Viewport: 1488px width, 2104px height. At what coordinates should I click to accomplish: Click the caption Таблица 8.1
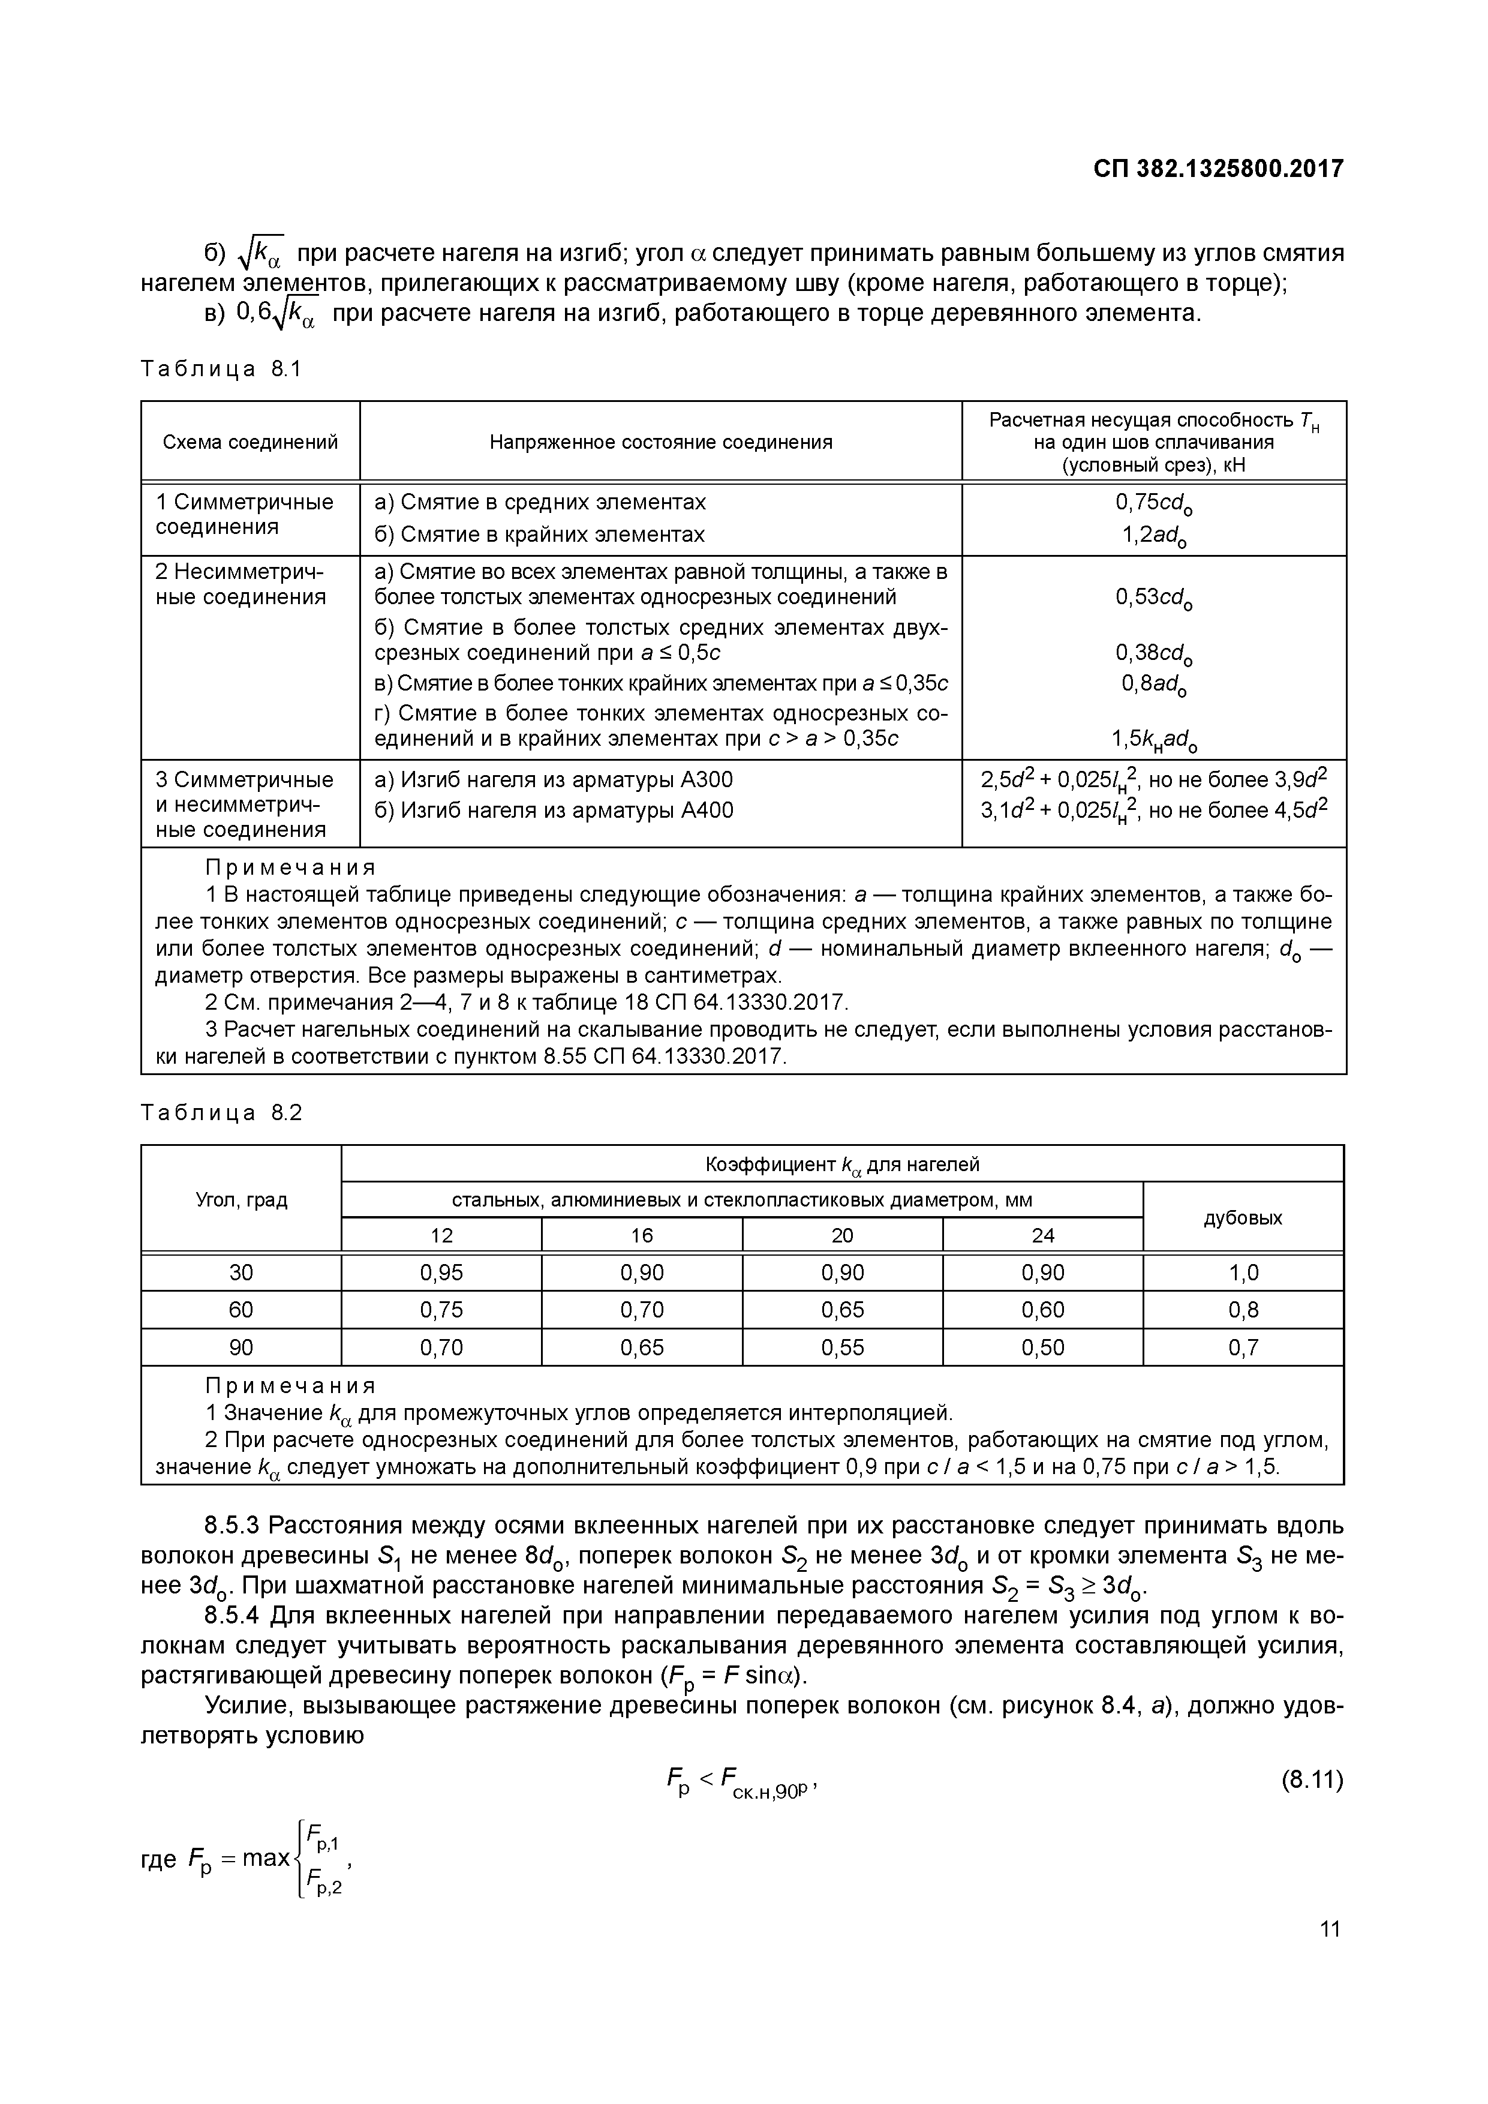point(221,370)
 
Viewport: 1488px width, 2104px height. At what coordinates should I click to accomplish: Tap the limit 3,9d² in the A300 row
point(1301,780)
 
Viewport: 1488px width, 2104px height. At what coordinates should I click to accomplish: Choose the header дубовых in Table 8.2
point(1243,1218)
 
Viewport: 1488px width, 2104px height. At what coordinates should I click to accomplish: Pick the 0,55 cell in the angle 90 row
point(842,1348)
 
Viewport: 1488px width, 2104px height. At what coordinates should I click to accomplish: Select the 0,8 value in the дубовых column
point(1243,1310)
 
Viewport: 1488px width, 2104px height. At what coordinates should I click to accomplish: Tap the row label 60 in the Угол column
point(241,1310)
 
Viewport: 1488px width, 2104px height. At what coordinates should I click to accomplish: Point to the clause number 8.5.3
point(233,1526)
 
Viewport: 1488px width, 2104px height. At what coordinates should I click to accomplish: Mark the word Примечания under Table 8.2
point(290,1385)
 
